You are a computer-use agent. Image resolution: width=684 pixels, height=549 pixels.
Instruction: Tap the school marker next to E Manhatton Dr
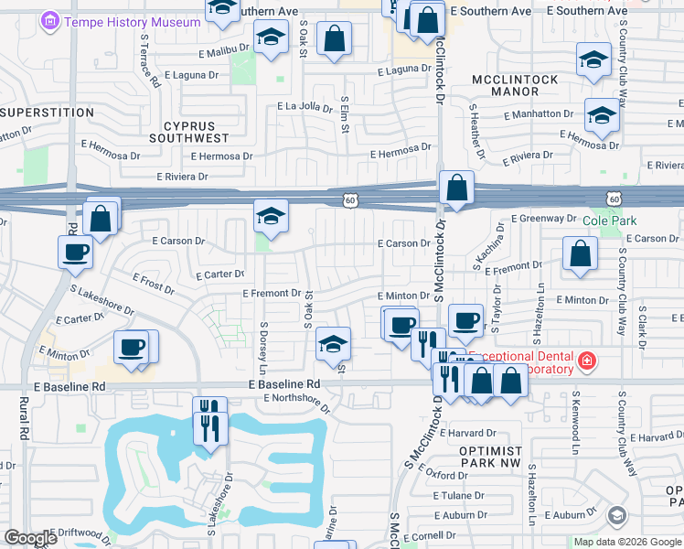[x=602, y=115]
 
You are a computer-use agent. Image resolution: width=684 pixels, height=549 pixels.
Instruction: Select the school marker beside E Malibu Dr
[x=271, y=38]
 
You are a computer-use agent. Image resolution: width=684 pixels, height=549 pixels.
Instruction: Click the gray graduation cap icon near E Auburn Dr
[x=617, y=516]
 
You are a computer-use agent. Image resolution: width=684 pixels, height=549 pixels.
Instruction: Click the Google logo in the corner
[x=31, y=538]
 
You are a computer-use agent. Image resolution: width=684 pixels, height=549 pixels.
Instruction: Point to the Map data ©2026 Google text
[x=626, y=542]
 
